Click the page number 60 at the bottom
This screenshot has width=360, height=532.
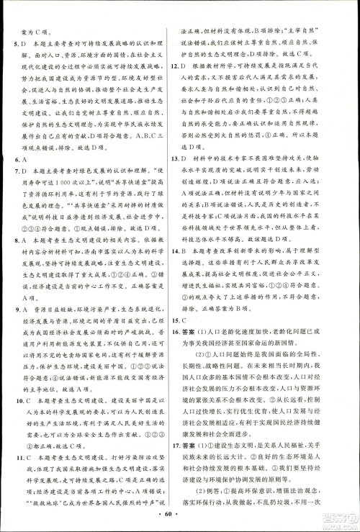(179, 520)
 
